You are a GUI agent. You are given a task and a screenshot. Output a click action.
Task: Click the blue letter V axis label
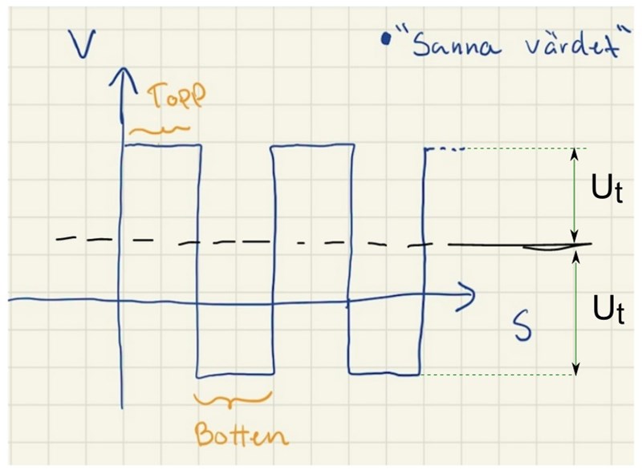[83, 44]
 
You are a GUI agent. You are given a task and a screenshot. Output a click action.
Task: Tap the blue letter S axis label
[523, 326]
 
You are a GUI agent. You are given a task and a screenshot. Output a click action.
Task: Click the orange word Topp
[177, 97]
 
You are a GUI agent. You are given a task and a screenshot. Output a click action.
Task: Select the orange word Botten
[242, 435]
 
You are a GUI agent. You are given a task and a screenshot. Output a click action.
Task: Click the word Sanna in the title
[456, 45]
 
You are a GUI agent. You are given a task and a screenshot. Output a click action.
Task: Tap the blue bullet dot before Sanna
[385, 39]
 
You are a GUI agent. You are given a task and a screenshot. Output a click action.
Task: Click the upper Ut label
[607, 188]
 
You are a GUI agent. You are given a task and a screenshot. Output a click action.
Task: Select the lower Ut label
[608, 310]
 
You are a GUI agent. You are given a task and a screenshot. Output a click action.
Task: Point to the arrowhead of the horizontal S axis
[468, 295]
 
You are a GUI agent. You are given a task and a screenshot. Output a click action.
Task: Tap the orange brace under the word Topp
[159, 130]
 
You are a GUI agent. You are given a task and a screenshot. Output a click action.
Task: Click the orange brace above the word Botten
[233, 399]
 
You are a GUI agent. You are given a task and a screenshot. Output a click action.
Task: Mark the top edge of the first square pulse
[163, 145]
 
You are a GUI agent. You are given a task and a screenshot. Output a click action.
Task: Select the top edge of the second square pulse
[312, 144]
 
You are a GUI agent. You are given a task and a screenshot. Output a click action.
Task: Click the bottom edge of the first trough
[235, 375]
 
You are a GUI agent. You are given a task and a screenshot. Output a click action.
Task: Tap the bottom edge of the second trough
[384, 374]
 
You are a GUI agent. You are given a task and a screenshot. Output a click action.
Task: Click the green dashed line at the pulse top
[526, 148]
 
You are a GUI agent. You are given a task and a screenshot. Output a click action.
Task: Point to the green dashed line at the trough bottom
[498, 375]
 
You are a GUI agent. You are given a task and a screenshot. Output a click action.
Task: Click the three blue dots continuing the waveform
[449, 149]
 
